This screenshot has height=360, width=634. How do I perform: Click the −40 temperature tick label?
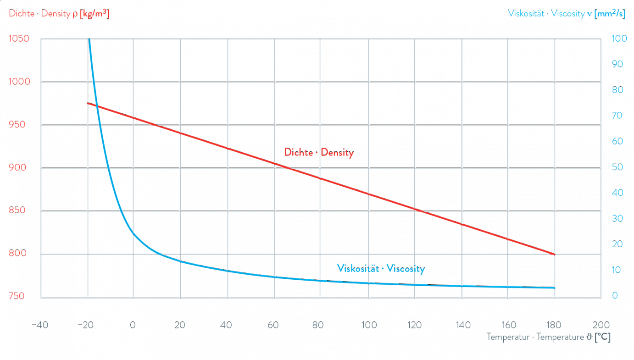pos(40,326)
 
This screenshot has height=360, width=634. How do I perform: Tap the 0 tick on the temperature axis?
pos(133,326)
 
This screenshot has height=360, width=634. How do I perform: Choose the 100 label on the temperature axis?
pos(368,326)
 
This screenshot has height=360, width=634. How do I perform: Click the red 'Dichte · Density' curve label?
pos(319,153)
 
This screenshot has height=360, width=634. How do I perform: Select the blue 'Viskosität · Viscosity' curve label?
pos(380,269)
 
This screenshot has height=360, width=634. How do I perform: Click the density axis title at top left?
pos(59,14)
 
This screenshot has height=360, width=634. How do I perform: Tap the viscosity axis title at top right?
pos(566,14)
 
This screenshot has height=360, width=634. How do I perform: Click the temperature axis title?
pos(548,338)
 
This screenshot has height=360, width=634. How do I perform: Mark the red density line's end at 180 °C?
pos(555,254)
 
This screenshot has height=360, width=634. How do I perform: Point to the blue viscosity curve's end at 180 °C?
pos(555,288)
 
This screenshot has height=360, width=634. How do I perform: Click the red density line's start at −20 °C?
pos(88,103)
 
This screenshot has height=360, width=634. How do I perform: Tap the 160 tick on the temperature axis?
pos(508,326)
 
